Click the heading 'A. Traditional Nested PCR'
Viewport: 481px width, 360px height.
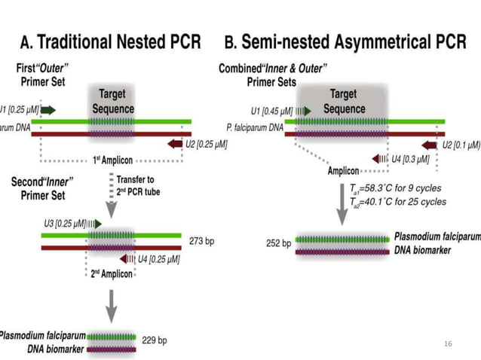click(110, 41)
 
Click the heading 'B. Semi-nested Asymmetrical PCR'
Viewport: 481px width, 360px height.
click(348, 41)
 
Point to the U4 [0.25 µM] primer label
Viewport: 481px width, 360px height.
click(158, 259)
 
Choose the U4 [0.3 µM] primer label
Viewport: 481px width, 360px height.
click(410, 159)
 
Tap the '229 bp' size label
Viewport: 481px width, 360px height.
click(155, 340)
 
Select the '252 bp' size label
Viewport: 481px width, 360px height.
click(278, 243)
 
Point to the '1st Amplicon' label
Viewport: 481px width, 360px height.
click(111, 160)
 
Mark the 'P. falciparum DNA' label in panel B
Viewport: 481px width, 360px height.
click(252, 128)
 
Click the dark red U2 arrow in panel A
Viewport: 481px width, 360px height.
click(174, 143)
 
